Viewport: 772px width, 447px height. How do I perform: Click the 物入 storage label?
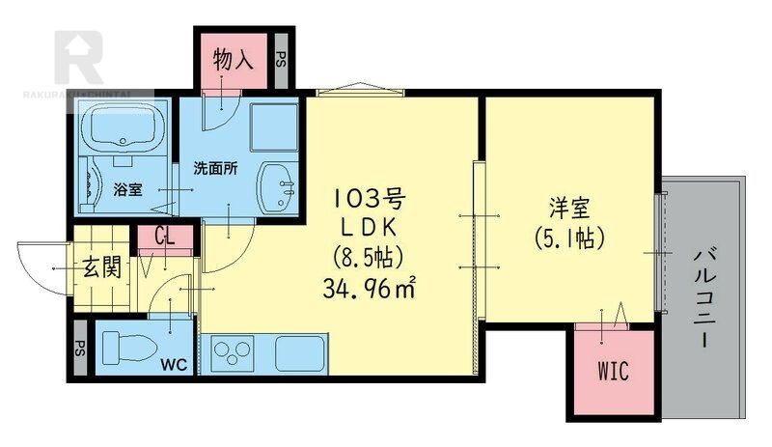click(233, 60)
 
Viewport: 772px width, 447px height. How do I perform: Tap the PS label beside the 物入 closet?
click(281, 60)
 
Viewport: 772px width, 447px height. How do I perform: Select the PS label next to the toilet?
click(80, 348)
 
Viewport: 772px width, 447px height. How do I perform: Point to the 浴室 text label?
click(128, 189)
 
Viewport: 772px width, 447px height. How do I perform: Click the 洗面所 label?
click(215, 169)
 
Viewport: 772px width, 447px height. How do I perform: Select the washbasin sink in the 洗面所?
click(278, 187)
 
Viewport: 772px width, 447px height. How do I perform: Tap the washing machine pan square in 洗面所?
click(274, 126)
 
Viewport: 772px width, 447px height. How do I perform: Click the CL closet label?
click(165, 237)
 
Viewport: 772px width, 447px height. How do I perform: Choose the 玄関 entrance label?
click(102, 268)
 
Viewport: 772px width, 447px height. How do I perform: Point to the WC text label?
click(175, 365)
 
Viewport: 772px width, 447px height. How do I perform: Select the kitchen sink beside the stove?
click(300, 353)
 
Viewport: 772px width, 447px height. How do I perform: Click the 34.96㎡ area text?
click(370, 289)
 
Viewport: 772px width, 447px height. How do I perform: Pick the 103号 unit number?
click(370, 200)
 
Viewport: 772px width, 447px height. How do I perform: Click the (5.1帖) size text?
click(569, 239)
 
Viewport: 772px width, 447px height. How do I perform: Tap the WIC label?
click(614, 371)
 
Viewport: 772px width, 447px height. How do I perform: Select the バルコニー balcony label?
click(706, 299)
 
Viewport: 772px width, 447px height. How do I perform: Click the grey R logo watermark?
click(79, 57)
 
